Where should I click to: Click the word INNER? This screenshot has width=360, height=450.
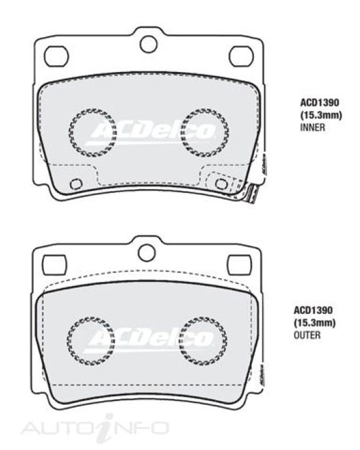(313, 127)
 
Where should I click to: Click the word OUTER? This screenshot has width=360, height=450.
(307, 335)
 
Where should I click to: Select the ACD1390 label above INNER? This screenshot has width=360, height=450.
(319, 103)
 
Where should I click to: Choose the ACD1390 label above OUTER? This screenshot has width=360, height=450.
(313, 310)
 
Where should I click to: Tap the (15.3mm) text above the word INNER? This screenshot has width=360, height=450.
(321, 115)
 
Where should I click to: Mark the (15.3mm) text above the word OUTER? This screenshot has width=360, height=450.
(314, 323)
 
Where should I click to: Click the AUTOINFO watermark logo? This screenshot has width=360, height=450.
(95, 428)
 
